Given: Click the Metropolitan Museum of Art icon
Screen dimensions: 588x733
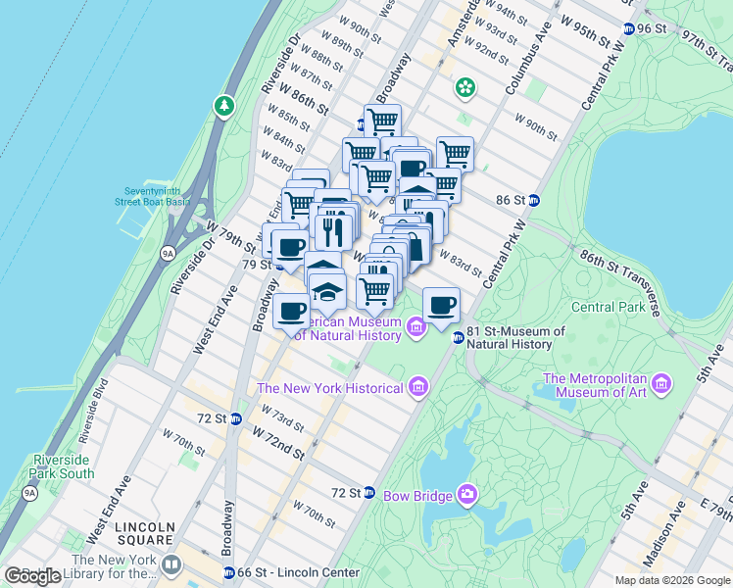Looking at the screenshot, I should pos(661,381).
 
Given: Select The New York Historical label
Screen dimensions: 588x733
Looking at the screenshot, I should pos(329,388).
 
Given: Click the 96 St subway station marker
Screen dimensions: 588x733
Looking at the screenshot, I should pos(628,28).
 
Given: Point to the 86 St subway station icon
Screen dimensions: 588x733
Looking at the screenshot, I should pos(534,200).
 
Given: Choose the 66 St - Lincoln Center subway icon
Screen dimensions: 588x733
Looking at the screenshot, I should pos(228,572).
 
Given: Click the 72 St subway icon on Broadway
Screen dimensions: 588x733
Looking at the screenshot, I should pos(235,418).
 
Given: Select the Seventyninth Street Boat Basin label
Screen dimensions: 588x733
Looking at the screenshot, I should pos(157,196).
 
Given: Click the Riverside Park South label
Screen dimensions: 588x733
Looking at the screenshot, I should pos(63,465).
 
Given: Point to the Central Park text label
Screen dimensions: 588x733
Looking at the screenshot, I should pos(608,307).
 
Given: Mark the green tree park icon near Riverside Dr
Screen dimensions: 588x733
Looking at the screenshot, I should pos(225,104).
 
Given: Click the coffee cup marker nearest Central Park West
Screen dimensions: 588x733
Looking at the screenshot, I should pos(441,304).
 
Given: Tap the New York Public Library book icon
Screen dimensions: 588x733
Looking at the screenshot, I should pos(171,564).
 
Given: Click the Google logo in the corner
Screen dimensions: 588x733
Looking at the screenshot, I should pos(33,576).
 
